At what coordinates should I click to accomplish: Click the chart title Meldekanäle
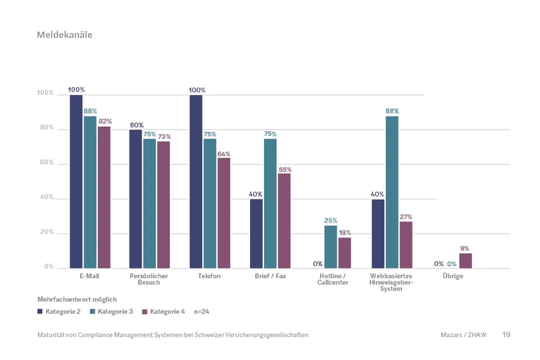coord(64,35)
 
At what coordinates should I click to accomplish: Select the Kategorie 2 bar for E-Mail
coord(76,181)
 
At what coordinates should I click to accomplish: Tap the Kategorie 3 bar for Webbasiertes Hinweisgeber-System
coord(392,192)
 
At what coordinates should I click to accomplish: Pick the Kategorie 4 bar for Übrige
coord(466,261)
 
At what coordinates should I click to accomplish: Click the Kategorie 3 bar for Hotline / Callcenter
coord(330,247)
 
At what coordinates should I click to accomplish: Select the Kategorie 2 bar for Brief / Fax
coord(256,233)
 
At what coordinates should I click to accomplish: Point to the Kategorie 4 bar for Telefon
coord(224,213)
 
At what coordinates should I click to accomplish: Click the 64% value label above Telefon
coord(224,154)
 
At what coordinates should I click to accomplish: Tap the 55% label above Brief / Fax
coord(284,170)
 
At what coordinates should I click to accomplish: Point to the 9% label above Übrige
coord(465,249)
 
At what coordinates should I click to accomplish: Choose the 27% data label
coord(406,217)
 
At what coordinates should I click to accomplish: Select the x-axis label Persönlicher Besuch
coord(149,279)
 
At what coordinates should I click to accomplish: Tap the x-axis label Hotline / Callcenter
coord(333,279)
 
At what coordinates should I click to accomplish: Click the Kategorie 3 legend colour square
coord(92,312)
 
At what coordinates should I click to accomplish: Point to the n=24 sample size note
coord(202,312)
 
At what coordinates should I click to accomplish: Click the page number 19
coord(506,335)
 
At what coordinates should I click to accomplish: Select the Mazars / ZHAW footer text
coord(463,335)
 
